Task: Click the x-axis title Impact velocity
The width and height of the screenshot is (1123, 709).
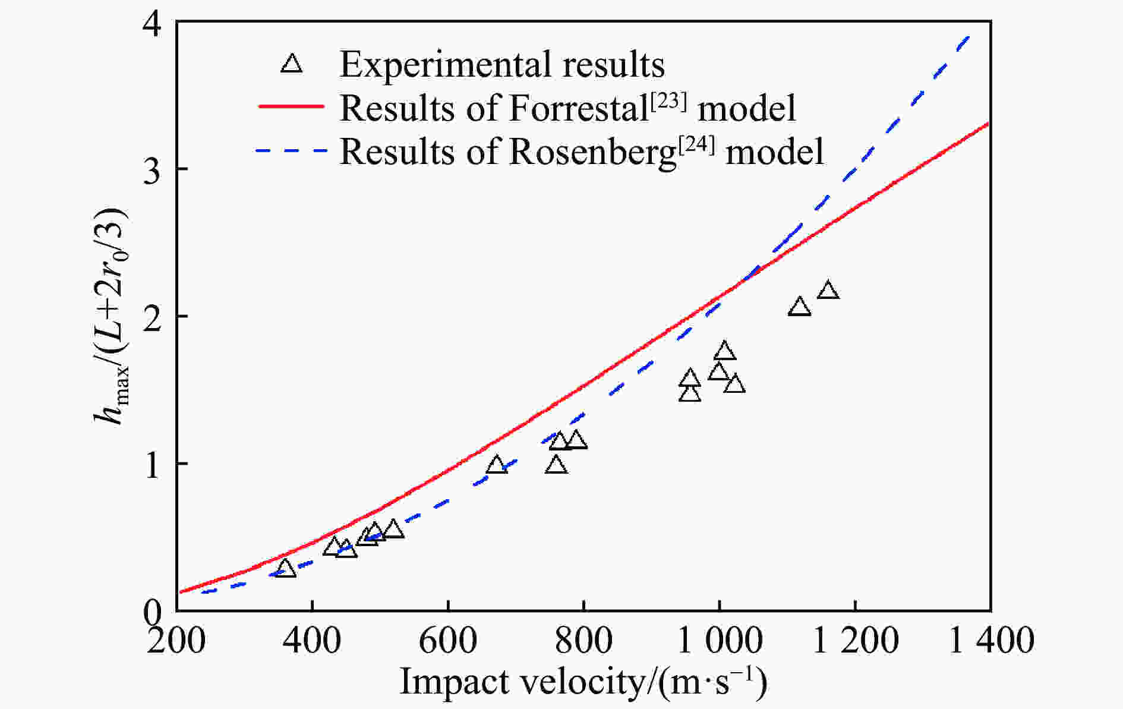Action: coord(582,682)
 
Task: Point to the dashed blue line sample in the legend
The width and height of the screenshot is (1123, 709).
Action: coord(291,150)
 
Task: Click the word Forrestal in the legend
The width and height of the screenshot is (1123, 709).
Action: coord(576,108)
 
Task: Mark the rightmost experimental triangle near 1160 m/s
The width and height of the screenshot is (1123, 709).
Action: coord(828,291)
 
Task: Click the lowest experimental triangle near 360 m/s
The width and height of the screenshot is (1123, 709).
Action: coord(285,569)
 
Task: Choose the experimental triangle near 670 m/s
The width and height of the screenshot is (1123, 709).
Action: coord(497,465)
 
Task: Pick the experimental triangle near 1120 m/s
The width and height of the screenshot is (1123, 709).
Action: coord(799,307)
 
